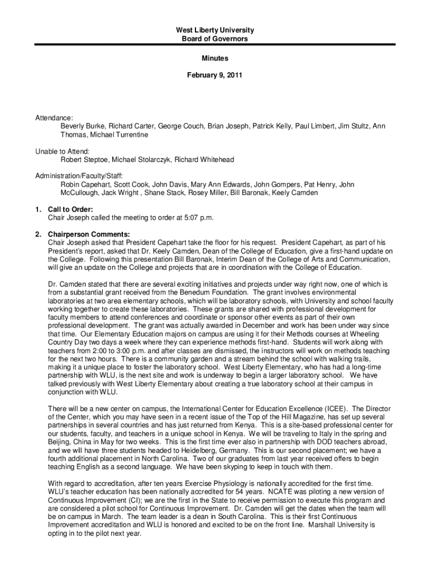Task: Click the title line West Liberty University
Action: [x=214, y=30]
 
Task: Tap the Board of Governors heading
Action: [x=214, y=39]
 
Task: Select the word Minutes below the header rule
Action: [x=214, y=58]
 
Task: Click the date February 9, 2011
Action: [x=214, y=74]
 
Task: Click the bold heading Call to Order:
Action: [x=70, y=209]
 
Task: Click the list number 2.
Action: [x=37, y=233]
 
